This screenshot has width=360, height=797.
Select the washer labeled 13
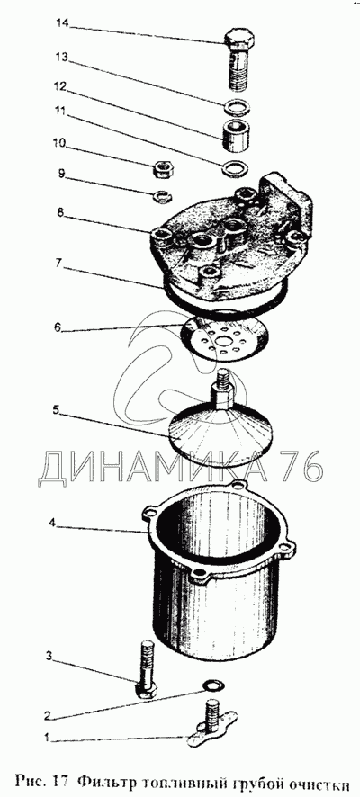pos(236,107)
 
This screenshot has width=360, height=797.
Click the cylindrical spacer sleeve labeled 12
pos(236,135)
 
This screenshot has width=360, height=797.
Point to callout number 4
pos(53,522)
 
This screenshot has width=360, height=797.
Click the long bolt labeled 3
pos(146,670)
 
